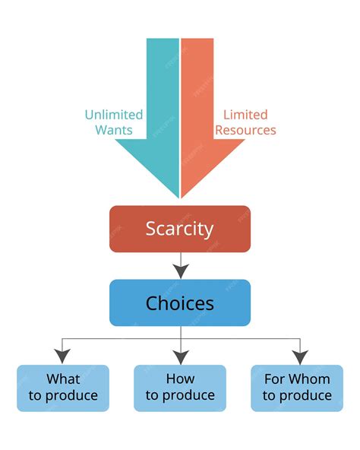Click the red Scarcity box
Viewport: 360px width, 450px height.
click(x=180, y=229)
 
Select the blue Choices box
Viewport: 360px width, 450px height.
click(x=180, y=303)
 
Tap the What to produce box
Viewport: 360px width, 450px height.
click(x=63, y=388)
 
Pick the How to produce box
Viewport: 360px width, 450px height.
click(x=180, y=388)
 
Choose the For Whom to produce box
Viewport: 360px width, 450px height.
click(x=297, y=388)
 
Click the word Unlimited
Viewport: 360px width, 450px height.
click(x=114, y=115)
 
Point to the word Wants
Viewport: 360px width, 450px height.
click(x=114, y=130)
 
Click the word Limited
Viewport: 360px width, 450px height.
click(x=245, y=115)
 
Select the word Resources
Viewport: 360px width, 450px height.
click(x=245, y=130)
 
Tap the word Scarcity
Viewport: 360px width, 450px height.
click(x=180, y=229)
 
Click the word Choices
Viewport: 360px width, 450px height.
click(x=180, y=303)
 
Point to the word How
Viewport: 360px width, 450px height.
click(x=180, y=379)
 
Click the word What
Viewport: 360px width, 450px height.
click(x=63, y=379)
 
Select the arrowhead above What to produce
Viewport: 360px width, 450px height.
click(x=63, y=355)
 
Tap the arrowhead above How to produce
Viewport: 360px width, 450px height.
click(x=180, y=355)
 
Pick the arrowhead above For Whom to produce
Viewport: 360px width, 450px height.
click(x=300, y=355)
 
